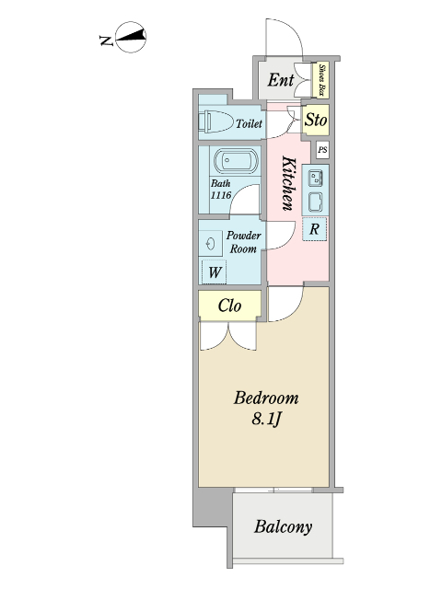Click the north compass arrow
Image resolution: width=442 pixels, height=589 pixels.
click(134, 39)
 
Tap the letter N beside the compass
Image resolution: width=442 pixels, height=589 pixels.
click(106, 40)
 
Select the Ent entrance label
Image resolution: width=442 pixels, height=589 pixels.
click(281, 81)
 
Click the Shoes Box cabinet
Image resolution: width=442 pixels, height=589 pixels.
click(323, 79)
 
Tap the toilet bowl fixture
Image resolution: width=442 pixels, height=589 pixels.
click(215, 121)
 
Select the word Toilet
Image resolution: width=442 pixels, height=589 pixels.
click(249, 123)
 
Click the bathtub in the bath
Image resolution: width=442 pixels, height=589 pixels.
click(238, 162)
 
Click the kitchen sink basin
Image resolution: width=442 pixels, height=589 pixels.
click(316, 199)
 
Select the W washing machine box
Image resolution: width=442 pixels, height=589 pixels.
click(214, 271)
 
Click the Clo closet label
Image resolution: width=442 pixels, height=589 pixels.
click(229, 306)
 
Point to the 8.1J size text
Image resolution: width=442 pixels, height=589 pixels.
click(266, 420)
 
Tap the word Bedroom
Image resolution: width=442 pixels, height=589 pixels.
click(266, 398)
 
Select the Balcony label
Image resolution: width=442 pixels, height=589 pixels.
click(283, 528)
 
